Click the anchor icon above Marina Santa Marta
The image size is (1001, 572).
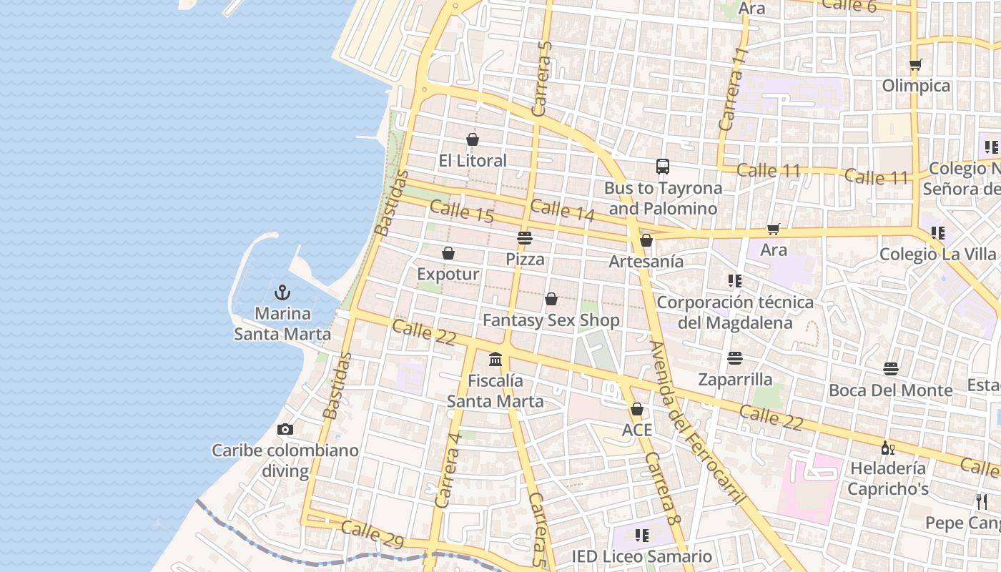pos(282,292)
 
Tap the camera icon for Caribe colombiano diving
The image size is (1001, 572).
pos(285,429)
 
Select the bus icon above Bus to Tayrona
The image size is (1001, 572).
pos(663,167)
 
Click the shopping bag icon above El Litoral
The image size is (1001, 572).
pos(472,139)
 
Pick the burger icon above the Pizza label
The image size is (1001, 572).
pos(525,238)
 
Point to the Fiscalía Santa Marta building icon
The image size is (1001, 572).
pos(495,359)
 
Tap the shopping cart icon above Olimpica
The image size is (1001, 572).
pos(915,65)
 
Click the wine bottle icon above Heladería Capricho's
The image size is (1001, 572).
pos(887,448)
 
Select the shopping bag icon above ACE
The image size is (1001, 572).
pos(636,409)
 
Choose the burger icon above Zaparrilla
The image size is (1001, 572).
pos(735,358)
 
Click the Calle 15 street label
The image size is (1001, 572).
pos(461,211)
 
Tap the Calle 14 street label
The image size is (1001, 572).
pos(563,210)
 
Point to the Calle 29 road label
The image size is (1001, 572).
pos(373,534)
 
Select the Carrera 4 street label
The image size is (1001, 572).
pos(448,470)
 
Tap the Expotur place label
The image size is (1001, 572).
pos(448,274)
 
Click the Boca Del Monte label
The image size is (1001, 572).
pos(890,390)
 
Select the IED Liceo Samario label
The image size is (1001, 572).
pos(641,556)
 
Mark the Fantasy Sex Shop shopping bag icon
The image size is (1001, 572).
pos(551,299)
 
